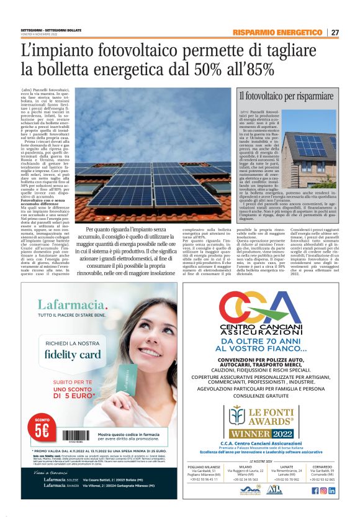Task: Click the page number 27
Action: [x=335, y=32]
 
